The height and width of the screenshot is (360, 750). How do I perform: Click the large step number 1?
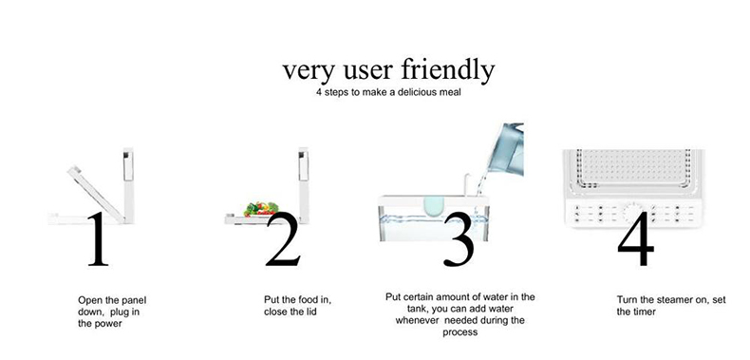99,238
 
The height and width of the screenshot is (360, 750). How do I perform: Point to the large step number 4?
636,238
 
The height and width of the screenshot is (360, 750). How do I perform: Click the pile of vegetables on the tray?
261,209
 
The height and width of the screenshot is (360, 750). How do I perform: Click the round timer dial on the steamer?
631,212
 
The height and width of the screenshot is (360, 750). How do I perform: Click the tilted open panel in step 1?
96,193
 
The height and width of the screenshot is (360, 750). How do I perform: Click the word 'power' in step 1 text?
109,324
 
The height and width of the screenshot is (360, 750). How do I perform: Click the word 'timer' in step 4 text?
644,313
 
